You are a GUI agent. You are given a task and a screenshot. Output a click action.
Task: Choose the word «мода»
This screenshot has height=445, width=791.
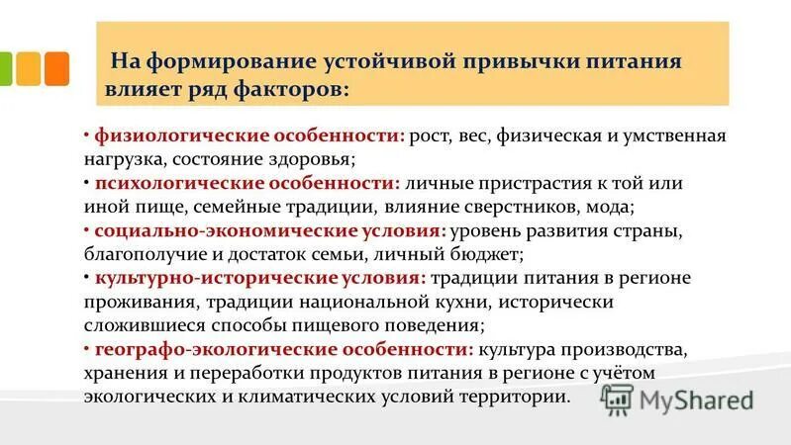(x=609, y=208)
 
